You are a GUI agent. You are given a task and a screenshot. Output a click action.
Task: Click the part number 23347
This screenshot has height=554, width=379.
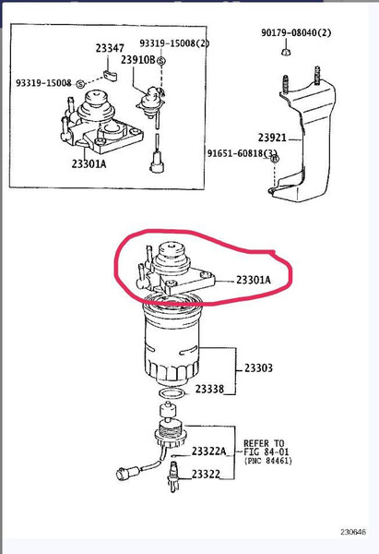(110, 48)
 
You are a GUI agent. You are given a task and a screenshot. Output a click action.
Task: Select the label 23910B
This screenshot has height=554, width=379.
(138, 60)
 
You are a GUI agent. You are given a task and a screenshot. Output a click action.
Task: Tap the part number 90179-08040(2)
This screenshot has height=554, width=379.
(296, 33)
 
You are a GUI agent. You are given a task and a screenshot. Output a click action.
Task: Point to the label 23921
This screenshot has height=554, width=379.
(272, 138)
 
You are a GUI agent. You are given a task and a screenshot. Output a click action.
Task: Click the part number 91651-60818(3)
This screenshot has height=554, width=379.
(243, 153)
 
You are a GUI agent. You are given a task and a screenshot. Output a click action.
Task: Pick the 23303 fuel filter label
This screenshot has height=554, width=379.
(259, 367)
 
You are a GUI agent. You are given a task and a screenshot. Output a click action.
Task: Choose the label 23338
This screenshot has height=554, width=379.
(209, 389)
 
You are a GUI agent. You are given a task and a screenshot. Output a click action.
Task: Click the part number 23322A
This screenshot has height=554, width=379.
(209, 451)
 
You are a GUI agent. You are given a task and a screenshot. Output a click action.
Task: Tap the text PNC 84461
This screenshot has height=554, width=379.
(268, 461)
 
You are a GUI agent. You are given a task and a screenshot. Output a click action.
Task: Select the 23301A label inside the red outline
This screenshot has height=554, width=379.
(254, 280)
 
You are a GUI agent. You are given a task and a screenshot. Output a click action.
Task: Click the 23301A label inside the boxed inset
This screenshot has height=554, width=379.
(89, 163)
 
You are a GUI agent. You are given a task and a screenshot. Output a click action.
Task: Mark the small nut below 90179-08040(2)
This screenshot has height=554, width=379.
(286, 51)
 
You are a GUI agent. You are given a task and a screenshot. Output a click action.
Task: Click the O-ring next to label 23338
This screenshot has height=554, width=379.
(172, 393)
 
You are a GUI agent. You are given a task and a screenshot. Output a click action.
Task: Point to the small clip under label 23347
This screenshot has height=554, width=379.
(111, 75)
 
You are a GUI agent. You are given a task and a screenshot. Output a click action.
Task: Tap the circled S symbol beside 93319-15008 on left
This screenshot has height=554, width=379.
(81, 84)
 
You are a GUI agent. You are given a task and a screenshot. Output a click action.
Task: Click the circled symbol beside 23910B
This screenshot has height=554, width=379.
(161, 61)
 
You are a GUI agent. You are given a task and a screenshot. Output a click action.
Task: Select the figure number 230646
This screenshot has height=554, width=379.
(353, 532)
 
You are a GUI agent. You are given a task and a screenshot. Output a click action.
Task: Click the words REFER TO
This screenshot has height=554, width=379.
(264, 443)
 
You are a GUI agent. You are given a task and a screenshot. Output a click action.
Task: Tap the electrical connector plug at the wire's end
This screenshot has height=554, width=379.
(127, 473)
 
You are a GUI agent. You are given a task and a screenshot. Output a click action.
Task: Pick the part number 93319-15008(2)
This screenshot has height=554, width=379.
(174, 43)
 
